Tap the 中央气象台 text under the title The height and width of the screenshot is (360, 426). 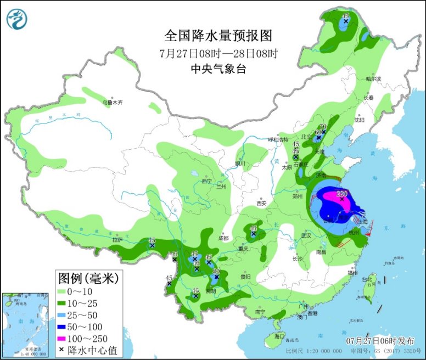(218, 69)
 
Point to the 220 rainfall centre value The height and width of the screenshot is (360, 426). (342, 193)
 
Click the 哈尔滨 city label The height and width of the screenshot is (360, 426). (373, 79)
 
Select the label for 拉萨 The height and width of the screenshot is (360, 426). (116, 239)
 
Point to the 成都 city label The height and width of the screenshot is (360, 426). (222, 238)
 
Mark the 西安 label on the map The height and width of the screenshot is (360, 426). (261, 203)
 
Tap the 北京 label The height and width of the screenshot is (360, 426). (306, 137)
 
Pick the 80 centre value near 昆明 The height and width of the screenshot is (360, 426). (216, 272)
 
